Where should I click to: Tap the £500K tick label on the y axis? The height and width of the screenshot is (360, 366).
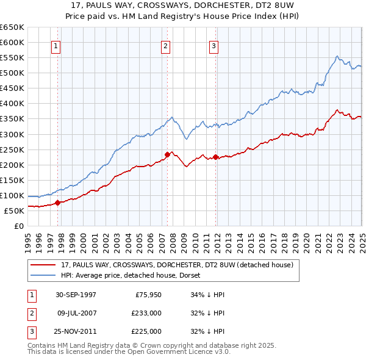point(12,73)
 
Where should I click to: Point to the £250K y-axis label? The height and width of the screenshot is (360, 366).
point(12,149)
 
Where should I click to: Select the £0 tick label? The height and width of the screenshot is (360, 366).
point(18,226)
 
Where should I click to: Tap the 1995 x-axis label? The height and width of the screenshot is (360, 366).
point(28,238)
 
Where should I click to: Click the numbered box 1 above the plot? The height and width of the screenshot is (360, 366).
point(56,46)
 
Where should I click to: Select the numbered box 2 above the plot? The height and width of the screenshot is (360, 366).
point(165,46)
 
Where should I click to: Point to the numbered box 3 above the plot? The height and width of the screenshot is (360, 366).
point(215,46)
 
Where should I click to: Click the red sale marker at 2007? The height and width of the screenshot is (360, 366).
point(167,154)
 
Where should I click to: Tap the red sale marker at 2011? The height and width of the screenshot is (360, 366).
point(216,157)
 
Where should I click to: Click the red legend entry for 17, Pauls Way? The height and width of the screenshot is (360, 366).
point(177,265)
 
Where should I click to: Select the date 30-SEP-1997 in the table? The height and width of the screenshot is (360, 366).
point(76,295)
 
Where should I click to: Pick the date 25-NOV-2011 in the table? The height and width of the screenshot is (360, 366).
point(76,331)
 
